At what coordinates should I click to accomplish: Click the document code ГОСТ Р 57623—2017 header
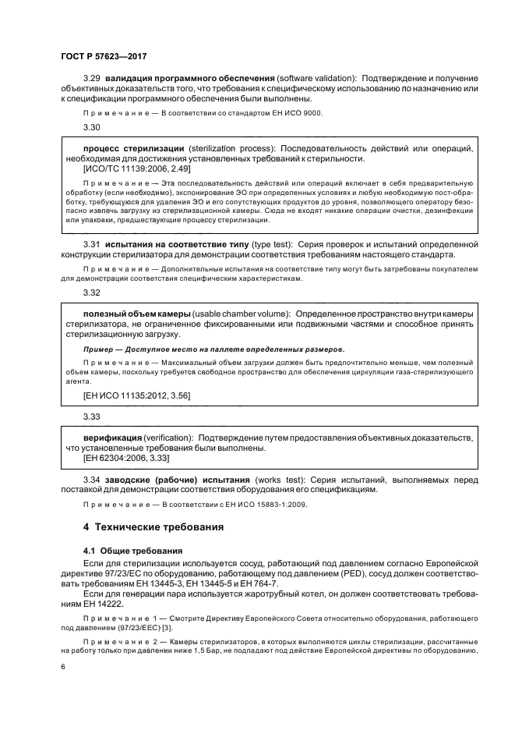pyautogui.click(x=104, y=56)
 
